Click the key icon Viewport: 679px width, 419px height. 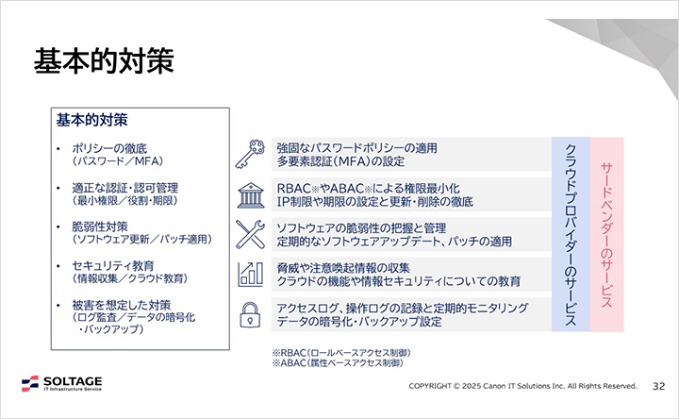pos(250,154)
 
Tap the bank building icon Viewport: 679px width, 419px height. pos(250,193)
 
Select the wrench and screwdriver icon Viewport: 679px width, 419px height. pos(250,232)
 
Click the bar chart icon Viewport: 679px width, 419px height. pos(250,273)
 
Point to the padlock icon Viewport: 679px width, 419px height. pos(250,312)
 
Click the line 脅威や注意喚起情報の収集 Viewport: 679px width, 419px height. pos(344,268)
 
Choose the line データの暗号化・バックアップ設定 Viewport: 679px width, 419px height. pos(359,321)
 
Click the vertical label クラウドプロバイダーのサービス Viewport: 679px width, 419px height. pos(571,235)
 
